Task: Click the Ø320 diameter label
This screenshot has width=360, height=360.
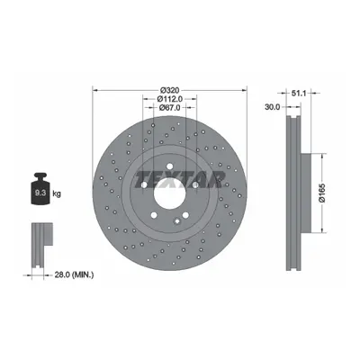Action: coord(169,90)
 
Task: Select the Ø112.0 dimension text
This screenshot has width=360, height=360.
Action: coord(169,99)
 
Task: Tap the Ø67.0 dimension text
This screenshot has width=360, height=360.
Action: coord(169,107)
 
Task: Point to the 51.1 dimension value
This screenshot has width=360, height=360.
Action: coord(299,94)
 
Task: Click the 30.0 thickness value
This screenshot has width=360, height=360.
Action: coord(273,106)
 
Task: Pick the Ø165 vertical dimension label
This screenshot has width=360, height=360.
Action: coord(322,193)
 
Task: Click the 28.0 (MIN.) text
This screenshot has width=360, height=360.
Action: coord(74,274)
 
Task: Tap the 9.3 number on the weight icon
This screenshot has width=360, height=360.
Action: coord(40,193)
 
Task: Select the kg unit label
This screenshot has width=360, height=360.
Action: coord(57,193)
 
